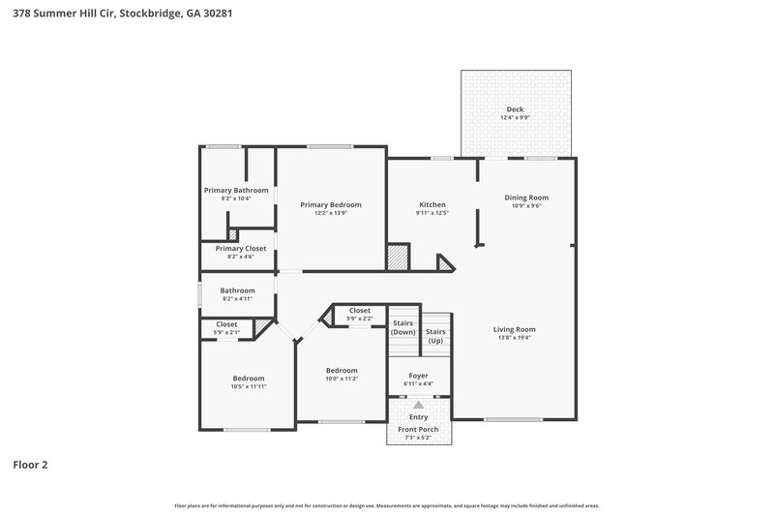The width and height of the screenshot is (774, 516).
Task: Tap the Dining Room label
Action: [x=526, y=197]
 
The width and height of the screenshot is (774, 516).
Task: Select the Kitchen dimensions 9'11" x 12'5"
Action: [x=432, y=213]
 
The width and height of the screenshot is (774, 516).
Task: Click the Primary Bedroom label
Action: [x=331, y=204]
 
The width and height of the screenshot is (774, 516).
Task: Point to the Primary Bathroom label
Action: [x=236, y=190]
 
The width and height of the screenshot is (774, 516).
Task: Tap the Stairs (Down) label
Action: [x=402, y=327]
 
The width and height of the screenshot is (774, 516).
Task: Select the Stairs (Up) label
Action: [x=435, y=336]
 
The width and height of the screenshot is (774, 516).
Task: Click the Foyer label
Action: [x=418, y=375]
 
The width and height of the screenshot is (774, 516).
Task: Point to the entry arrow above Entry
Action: [x=418, y=406]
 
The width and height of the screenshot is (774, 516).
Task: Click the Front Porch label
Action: [x=418, y=429]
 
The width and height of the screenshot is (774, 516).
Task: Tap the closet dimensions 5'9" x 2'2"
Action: [x=360, y=319]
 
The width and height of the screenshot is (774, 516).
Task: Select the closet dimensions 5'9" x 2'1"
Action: [x=226, y=333]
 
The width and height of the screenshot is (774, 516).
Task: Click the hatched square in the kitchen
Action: [x=398, y=258]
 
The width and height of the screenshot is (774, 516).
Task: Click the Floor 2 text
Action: [x=30, y=465]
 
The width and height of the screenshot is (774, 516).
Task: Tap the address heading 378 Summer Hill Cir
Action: [x=122, y=15]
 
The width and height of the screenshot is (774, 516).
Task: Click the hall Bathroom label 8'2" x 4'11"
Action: [x=237, y=290]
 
